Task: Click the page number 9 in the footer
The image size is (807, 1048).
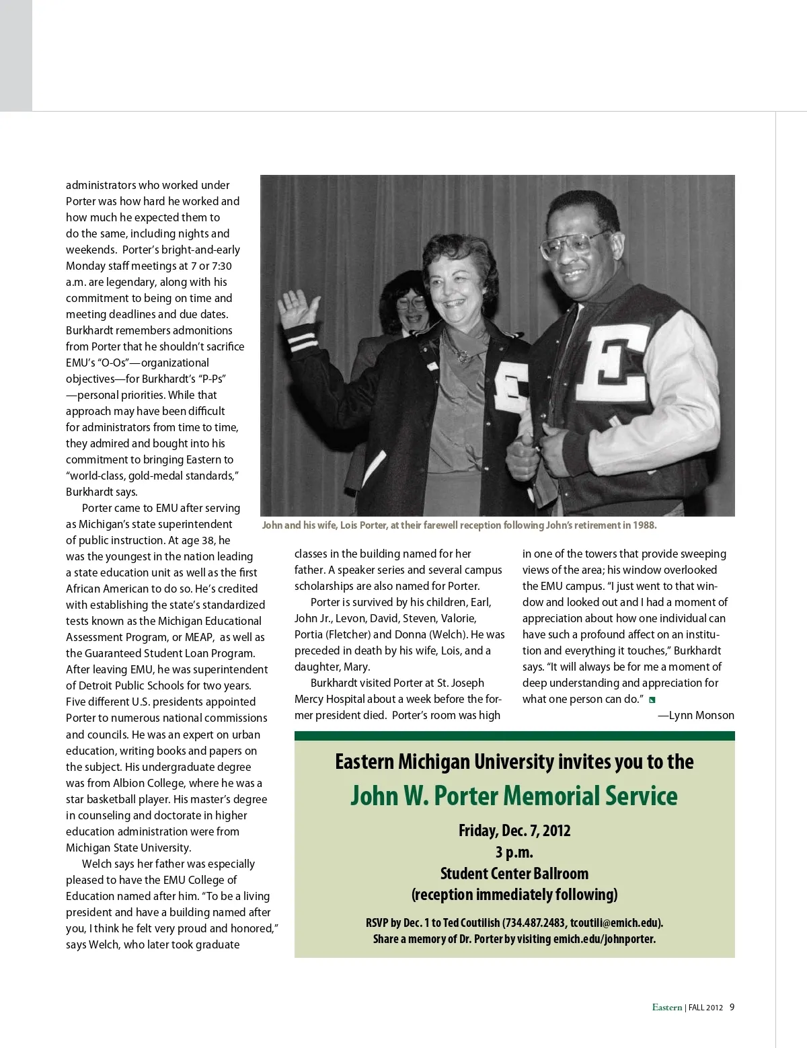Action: coord(732,1007)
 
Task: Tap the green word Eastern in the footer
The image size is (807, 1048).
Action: coord(666,1008)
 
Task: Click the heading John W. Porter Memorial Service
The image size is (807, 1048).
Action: coord(514,796)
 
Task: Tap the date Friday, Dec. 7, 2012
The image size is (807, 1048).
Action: coord(514,831)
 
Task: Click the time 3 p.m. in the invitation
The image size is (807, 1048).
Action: coord(514,852)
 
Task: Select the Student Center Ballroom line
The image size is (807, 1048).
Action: coord(514,874)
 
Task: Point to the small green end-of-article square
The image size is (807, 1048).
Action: coord(652,700)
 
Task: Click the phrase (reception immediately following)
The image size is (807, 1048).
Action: coord(514,895)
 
